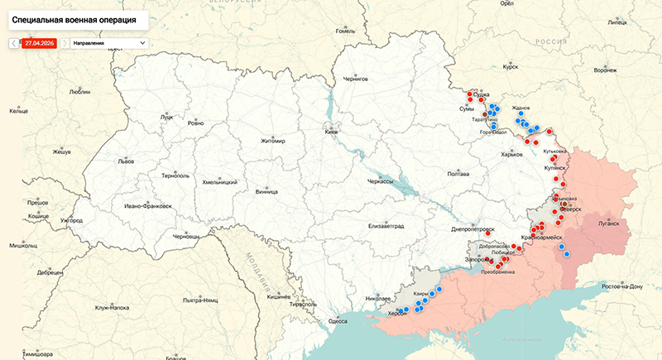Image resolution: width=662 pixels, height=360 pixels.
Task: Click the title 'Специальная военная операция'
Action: point(74,17)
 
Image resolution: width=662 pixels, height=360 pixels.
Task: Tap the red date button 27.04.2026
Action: point(40,42)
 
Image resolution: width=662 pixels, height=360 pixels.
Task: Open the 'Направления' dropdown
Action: point(108,42)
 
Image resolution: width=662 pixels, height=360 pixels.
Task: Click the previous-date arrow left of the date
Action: point(14,42)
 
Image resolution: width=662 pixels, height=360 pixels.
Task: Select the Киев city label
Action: point(331,132)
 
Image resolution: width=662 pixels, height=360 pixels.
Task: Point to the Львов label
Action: point(126,161)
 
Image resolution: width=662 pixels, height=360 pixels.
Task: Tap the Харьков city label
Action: point(512,154)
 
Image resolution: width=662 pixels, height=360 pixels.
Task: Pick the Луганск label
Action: point(607,223)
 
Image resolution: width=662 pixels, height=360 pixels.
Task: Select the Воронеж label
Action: point(605,70)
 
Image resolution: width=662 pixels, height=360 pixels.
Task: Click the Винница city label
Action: point(266,191)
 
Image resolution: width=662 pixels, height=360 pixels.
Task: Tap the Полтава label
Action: point(458,174)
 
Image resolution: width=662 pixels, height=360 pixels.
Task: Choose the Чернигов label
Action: point(355,79)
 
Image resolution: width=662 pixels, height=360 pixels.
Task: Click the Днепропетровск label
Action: point(473,229)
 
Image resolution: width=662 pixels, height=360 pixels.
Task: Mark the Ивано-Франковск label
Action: point(147,205)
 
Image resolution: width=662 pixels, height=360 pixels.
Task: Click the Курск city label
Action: point(510,65)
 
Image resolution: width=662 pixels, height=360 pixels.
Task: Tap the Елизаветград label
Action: point(387,225)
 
